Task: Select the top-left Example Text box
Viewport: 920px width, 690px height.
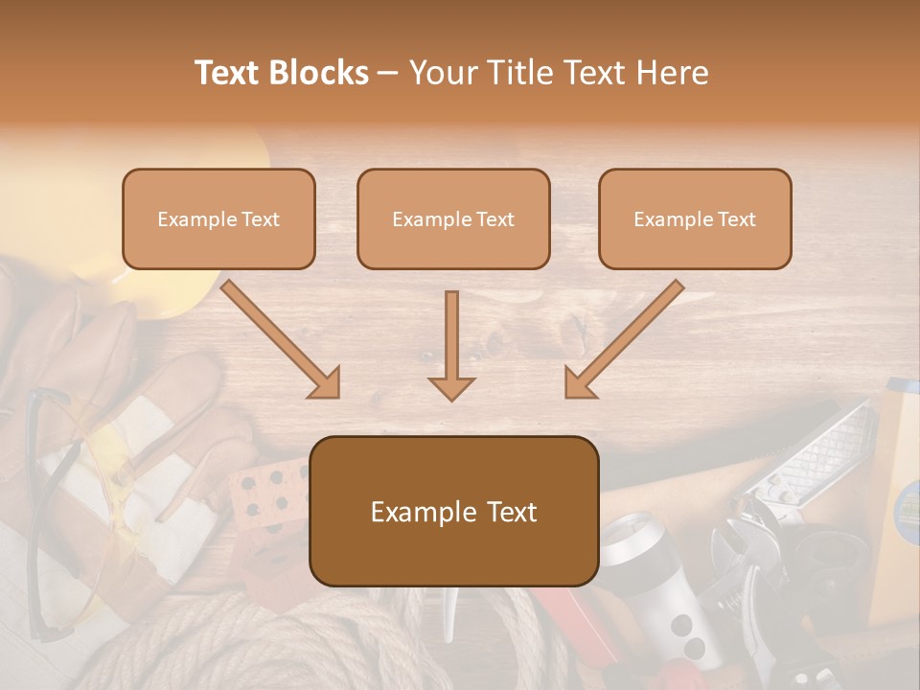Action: [x=218, y=218]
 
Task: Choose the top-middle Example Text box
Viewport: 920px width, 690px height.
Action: [x=453, y=218]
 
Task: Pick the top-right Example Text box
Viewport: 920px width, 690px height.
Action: [x=695, y=218]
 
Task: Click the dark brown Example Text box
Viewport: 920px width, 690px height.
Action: [x=453, y=511]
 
